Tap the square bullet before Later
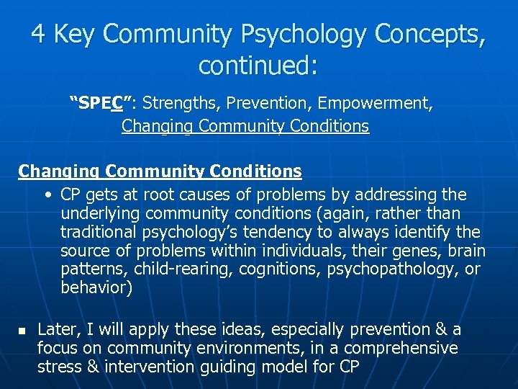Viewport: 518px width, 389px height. (21, 331)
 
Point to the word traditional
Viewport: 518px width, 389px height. (96, 233)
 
